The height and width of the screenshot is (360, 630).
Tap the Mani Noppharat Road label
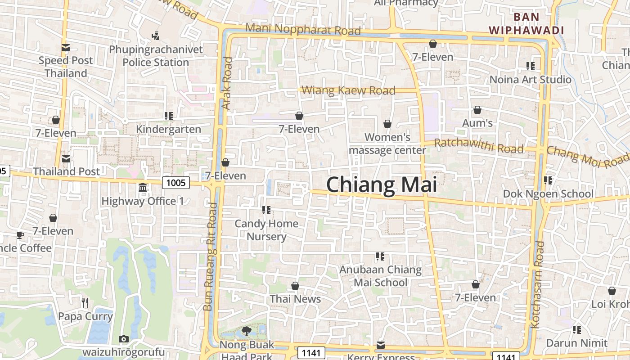click(303, 30)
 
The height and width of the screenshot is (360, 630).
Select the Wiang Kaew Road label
click(348, 90)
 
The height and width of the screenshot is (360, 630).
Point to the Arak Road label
click(227, 83)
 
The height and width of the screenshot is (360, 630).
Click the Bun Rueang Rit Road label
click(210, 256)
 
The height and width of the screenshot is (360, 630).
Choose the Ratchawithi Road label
click(479, 146)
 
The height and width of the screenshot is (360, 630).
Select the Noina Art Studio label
click(530, 80)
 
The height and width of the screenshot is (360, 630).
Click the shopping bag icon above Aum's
click(477, 110)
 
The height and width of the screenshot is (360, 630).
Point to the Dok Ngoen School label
click(548, 194)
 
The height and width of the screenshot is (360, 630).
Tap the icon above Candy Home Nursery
click(266, 210)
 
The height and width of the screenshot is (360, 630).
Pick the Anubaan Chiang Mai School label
click(381, 276)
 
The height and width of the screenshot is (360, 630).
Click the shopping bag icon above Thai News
click(295, 286)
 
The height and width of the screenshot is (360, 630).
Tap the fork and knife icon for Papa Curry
click(85, 302)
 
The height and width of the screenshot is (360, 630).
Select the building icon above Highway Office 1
click(143, 187)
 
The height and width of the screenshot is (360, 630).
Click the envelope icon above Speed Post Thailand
click(66, 48)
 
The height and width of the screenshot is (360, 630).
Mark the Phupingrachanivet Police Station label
click(156, 56)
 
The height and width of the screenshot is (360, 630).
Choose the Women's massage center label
click(387, 144)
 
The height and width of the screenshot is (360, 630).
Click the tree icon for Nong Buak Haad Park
click(246, 332)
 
